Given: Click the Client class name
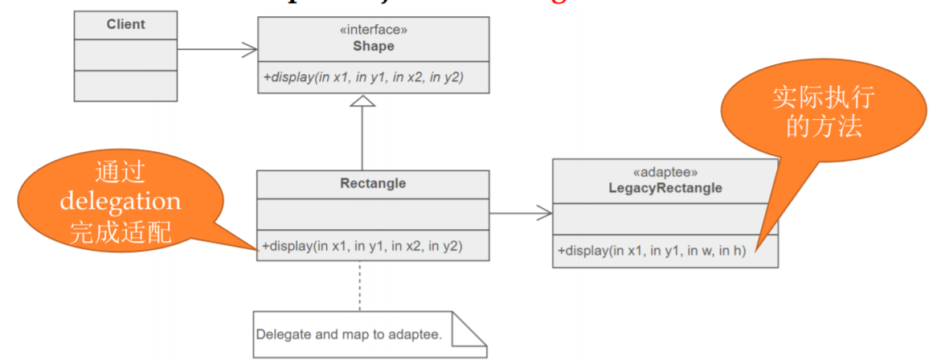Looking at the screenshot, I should (x=125, y=25).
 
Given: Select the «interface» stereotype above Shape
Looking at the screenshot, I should (x=373, y=31).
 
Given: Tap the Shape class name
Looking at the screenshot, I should (x=373, y=47).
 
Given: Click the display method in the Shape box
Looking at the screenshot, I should (x=364, y=77).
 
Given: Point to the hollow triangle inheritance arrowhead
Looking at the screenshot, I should (x=362, y=102).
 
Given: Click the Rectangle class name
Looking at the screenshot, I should (x=373, y=184).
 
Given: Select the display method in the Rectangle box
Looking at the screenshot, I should (x=362, y=246).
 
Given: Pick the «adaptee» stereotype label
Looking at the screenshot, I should (x=665, y=173).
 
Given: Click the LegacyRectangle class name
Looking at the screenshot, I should (x=665, y=189).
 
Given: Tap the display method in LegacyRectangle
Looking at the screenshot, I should (x=652, y=251).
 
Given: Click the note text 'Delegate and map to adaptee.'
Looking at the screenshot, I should (x=349, y=334).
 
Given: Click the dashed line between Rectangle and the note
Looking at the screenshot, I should (x=359, y=286).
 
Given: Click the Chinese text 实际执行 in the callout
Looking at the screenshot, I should (x=821, y=99).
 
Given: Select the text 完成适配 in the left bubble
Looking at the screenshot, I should (x=120, y=231).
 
